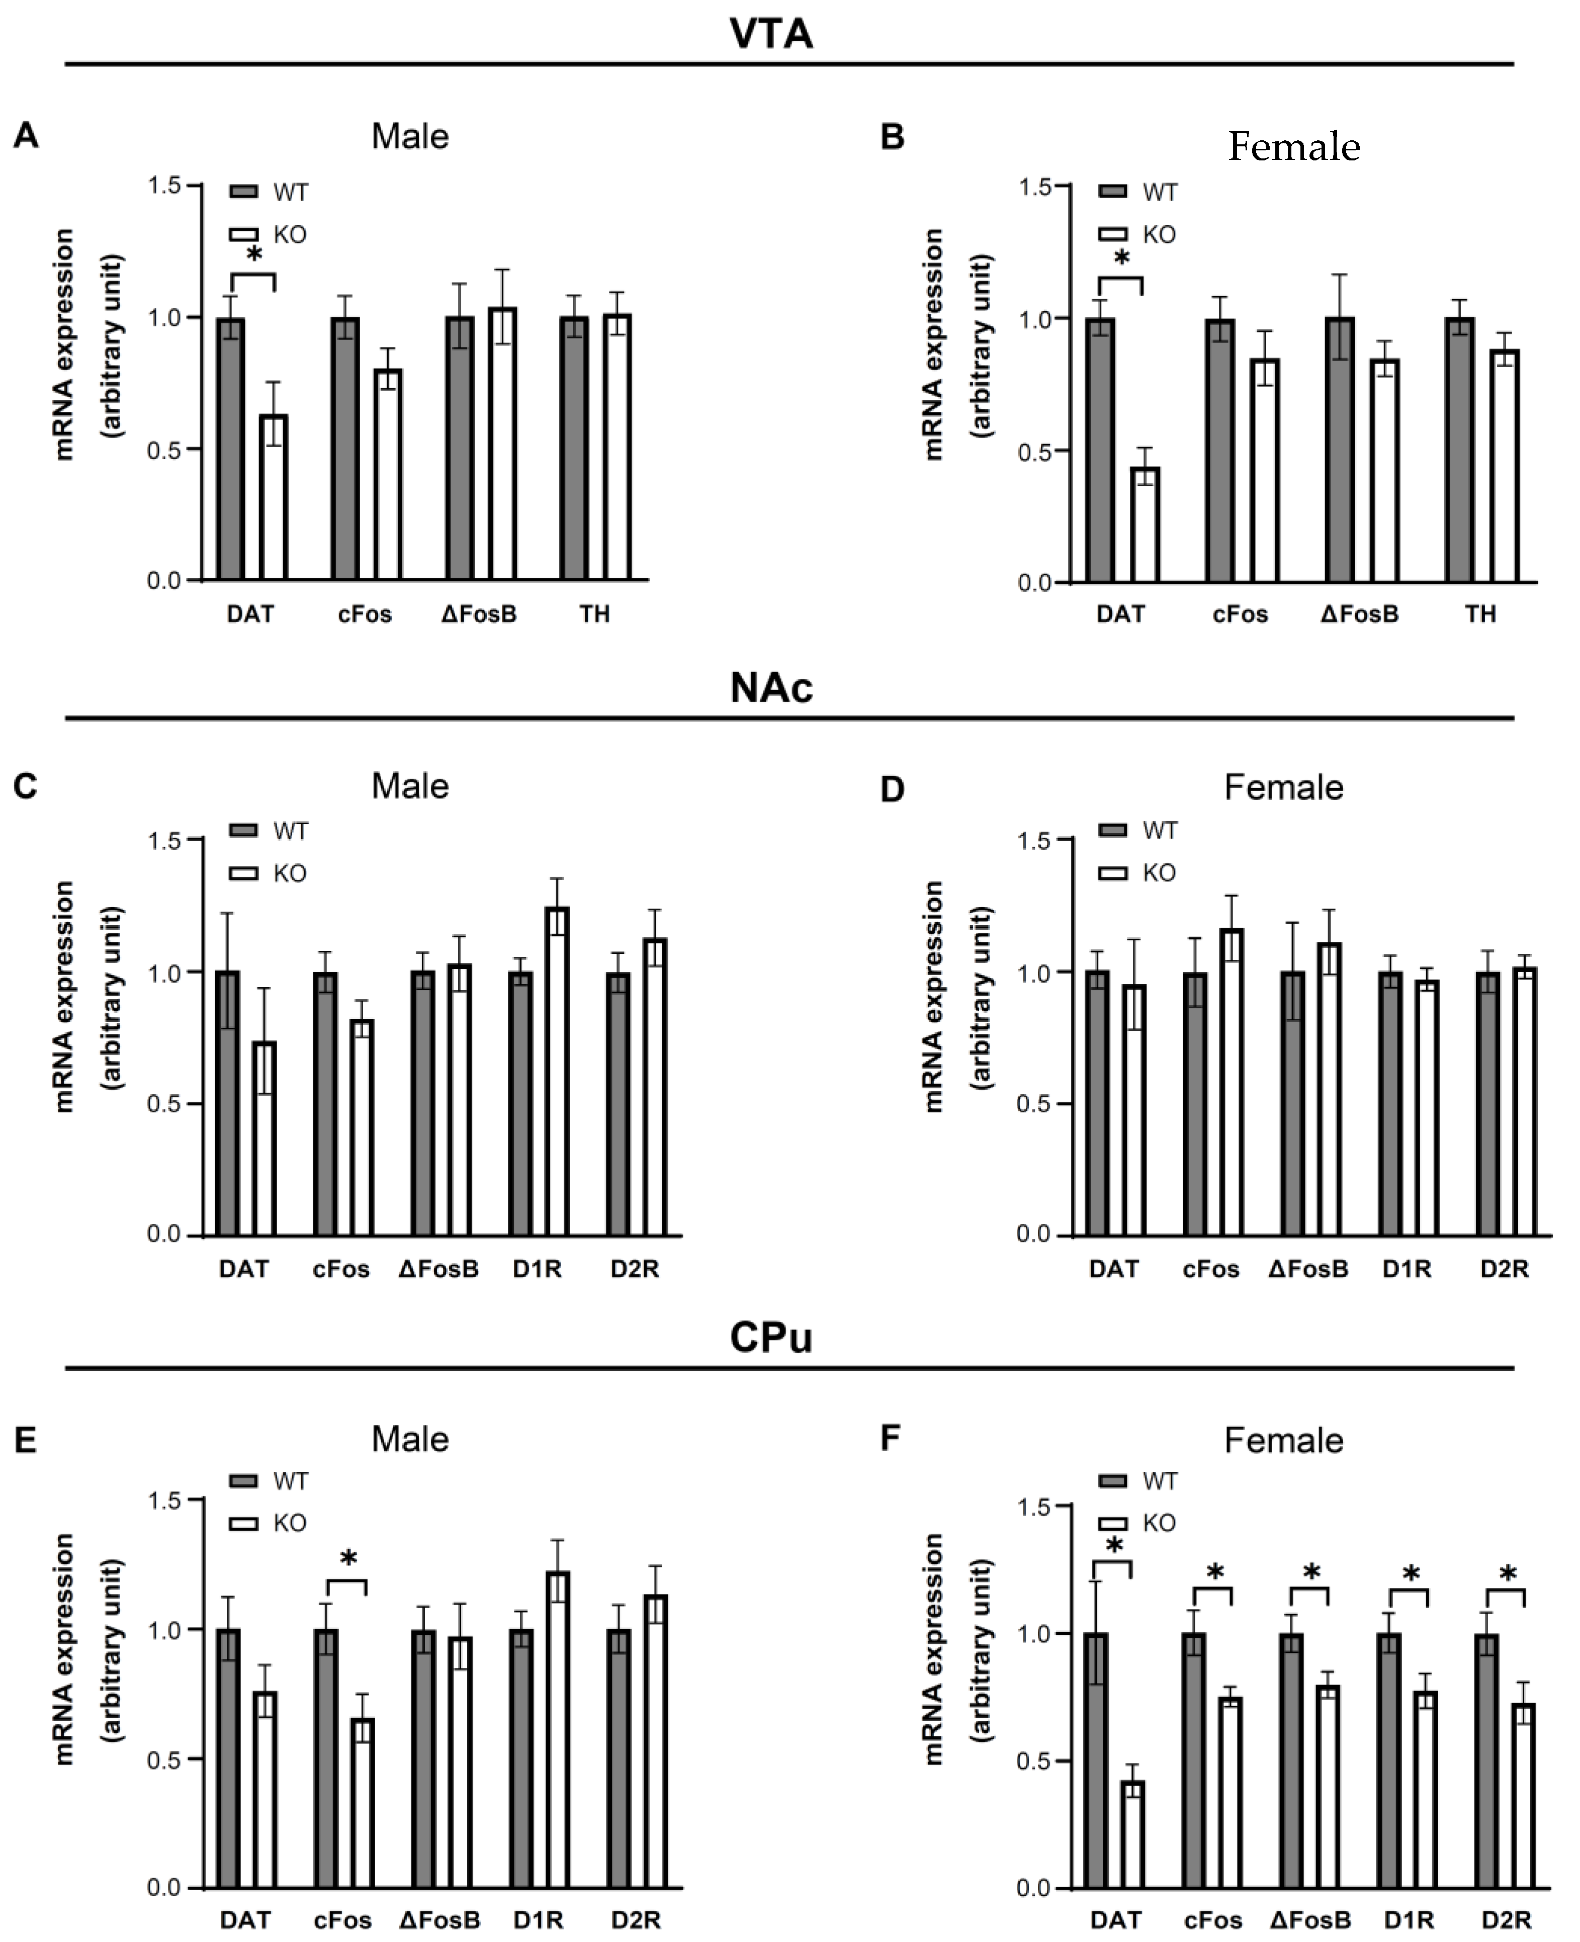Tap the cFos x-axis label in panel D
1210,1269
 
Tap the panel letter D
893,790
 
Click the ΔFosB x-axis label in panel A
479,614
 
